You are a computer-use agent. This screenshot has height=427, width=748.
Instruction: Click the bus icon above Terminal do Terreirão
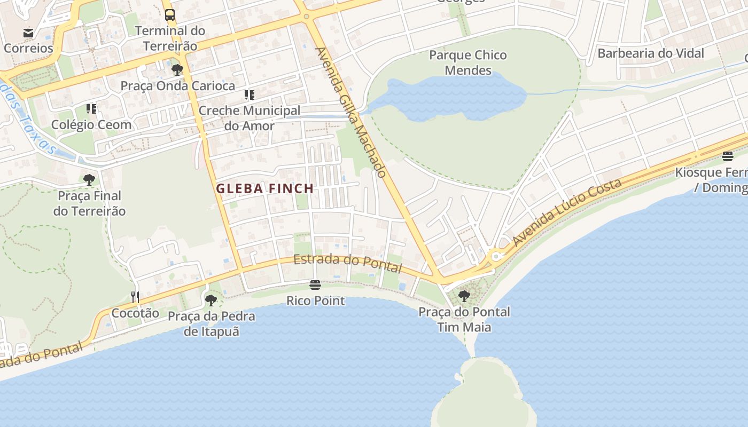170,15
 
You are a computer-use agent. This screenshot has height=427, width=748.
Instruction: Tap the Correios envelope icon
28,33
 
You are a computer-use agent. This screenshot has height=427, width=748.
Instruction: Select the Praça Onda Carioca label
177,85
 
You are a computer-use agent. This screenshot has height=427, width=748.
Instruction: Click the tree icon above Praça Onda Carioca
177,70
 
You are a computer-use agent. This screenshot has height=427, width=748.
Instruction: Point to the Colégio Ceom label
91,124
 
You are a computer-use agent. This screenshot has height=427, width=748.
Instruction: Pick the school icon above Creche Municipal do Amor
249,95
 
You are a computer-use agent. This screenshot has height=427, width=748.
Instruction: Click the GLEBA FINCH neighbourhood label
264,188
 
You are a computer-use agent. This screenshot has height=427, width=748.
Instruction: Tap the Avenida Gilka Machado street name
350,113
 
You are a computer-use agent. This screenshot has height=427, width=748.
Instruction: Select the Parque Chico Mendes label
468,62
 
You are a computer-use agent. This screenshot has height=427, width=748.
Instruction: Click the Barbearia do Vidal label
651,53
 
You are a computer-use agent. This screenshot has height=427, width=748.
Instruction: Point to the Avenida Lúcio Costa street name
567,212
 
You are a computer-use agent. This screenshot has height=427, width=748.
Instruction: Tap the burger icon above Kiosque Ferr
728,156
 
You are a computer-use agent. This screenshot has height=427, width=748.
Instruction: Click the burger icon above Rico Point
315,285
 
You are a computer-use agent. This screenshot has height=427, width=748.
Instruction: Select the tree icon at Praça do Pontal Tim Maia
464,296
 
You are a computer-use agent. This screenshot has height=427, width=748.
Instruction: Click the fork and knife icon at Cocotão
135,297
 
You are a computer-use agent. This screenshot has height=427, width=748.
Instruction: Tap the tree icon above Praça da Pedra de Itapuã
211,300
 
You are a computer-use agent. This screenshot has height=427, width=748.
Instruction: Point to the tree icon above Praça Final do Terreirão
89,179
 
